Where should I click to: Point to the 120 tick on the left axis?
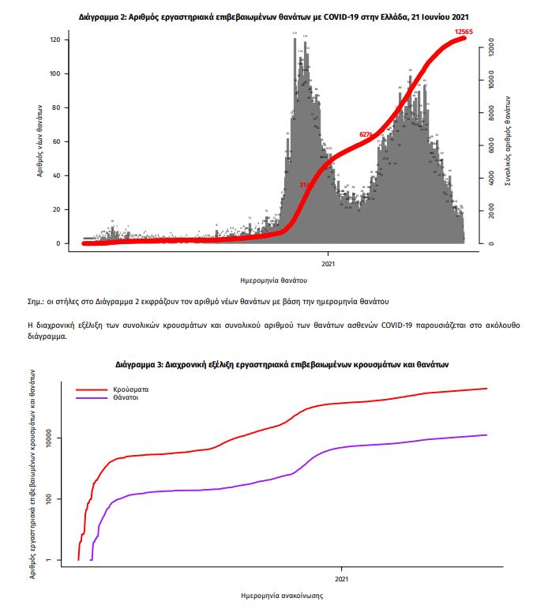[54, 39]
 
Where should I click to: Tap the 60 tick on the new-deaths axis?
[56, 141]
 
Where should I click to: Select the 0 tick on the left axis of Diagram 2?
[58, 243]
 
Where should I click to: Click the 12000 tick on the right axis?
[491, 48]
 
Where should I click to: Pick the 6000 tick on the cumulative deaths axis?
[491, 146]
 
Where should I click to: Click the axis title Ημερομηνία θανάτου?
[273, 280]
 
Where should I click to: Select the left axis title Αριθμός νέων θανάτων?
[39, 141]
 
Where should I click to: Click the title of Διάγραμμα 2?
[279, 16]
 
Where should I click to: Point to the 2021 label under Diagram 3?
[341, 580]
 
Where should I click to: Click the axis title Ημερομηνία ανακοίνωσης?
[280, 596]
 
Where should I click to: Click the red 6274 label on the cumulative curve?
[366, 134]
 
